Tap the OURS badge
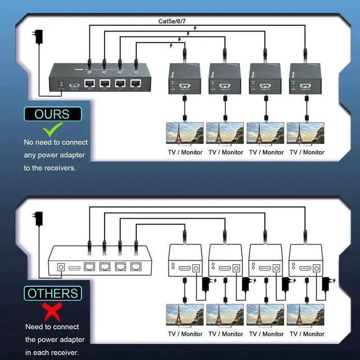(52, 114)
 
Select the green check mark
(52, 131)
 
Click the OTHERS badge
(52, 293)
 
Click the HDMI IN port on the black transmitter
(74, 87)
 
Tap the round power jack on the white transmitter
(60, 268)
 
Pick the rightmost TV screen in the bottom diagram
(306, 316)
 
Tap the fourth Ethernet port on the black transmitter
(135, 84)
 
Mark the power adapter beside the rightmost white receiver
(326, 281)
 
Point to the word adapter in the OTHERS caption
(71, 340)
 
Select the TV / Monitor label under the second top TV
(226, 152)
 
